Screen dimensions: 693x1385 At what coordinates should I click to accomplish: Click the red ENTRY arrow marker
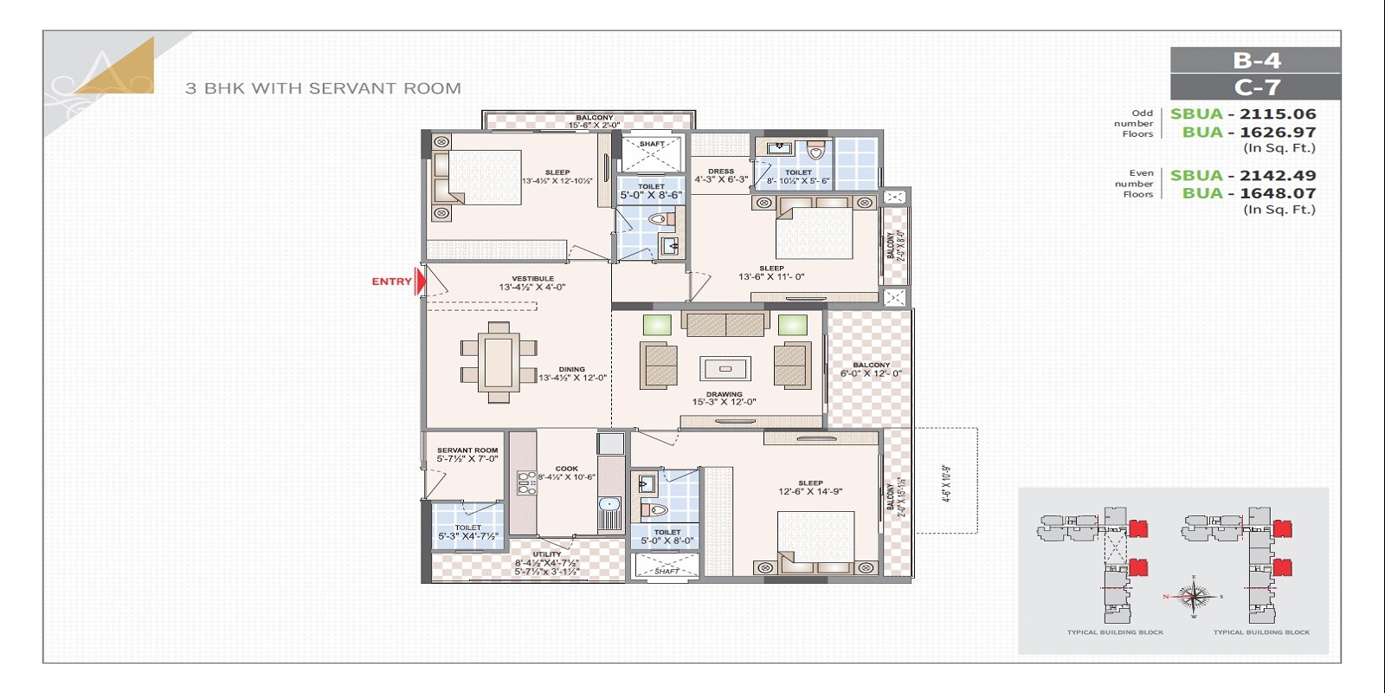click(x=421, y=282)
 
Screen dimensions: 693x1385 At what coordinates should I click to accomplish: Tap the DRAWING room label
click(x=724, y=398)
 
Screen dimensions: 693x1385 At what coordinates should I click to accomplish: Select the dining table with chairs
click(x=498, y=361)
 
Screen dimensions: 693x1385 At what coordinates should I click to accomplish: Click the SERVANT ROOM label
click(x=467, y=454)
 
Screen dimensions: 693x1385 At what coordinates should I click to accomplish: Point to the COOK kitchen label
click(x=566, y=472)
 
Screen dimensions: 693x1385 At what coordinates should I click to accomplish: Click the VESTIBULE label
click(x=532, y=282)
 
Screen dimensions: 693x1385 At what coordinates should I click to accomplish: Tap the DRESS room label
click(x=720, y=176)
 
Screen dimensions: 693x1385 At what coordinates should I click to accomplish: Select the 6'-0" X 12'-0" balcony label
click(x=870, y=370)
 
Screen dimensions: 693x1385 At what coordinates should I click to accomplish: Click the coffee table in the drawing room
click(x=725, y=368)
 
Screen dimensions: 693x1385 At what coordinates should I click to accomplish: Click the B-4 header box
click(x=1255, y=60)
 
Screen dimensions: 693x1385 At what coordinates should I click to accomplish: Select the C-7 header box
click(x=1255, y=87)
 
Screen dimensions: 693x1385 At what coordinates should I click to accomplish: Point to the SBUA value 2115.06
click(x=1278, y=113)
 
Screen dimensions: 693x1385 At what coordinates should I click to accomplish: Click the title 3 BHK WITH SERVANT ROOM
click(x=323, y=88)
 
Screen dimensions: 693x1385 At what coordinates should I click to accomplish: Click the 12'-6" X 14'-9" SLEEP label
click(x=810, y=488)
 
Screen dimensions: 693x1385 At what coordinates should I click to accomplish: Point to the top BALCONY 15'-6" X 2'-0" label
click(x=594, y=121)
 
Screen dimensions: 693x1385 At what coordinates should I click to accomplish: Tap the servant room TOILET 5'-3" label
click(x=467, y=532)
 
